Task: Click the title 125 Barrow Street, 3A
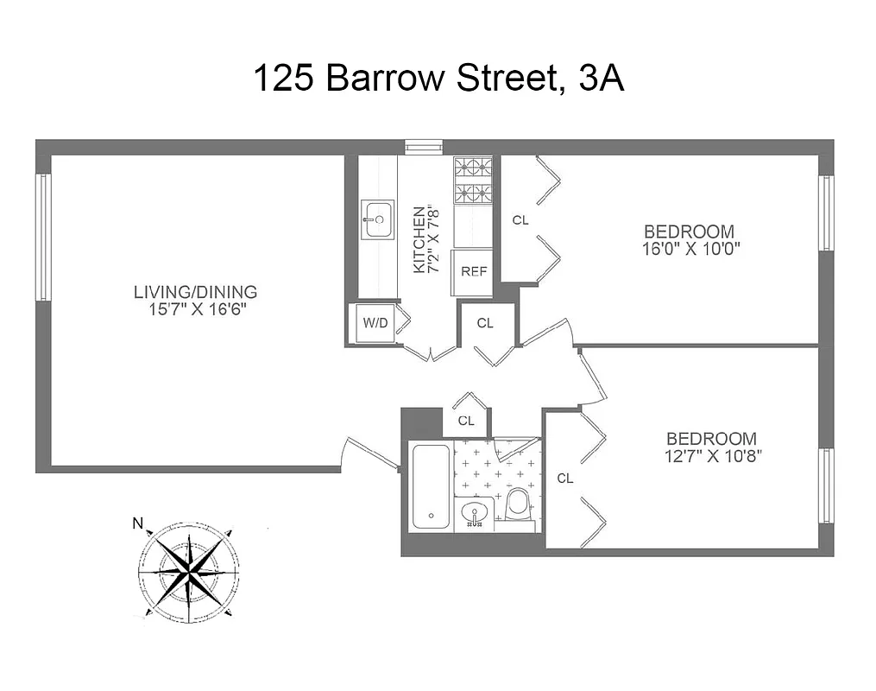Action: (x=438, y=79)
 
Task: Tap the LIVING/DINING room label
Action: (x=195, y=292)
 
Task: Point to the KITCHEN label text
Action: (x=419, y=239)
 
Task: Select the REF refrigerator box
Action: (x=474, y=271)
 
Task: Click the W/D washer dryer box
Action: (x=375, y=324)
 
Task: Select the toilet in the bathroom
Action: (x=519, y=505)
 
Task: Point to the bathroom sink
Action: (x=474, y=515)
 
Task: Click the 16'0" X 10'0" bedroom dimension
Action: (x=689, y=249)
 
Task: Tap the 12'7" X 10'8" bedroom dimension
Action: (x=711, y=455)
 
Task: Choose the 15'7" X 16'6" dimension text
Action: (x=195, y=309)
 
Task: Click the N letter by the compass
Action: (x=136, y=523)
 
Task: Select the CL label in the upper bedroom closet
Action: (x=520, y=220)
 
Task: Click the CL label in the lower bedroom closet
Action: (x=565, y=478)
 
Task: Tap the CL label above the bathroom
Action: (x=466, y=421)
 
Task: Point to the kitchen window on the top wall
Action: (x=424, y=147)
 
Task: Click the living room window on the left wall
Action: (x=42, y=238)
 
